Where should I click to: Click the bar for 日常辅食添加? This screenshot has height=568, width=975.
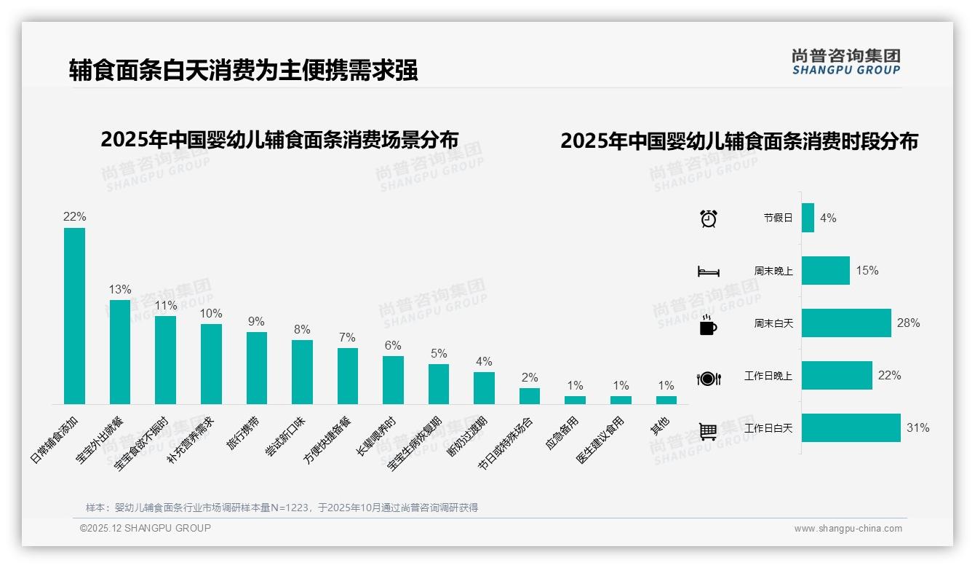click(74, 316)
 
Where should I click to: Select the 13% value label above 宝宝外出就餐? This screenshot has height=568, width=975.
click(120, 289)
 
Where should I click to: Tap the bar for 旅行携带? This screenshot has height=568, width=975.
click(257, 368)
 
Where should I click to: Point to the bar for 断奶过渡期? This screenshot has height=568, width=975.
click(484, 388)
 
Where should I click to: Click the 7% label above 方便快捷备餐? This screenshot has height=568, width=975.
click(347, 337)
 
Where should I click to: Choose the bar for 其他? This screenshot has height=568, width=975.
click(666, 400)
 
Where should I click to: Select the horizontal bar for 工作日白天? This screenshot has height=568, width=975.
click(851, 428)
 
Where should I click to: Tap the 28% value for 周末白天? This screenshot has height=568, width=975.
click(908, 323)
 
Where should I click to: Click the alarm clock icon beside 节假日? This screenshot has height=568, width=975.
click(708, 218)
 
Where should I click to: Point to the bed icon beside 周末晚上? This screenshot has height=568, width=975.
click(708, 271)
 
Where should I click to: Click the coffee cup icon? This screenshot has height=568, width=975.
click(708, 324)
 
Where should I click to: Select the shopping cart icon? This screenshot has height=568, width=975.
click(708, 430)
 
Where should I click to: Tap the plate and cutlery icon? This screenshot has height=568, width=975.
click(708, 378)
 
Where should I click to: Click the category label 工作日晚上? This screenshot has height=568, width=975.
click(768, 376)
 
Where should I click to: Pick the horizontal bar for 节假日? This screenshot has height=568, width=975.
click(808, 218)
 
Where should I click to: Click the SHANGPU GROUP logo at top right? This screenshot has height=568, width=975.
click(845, 62)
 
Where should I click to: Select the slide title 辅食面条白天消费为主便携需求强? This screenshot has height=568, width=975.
click(243, 71)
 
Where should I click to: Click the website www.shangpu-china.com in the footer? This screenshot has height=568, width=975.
click(848, 529)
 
